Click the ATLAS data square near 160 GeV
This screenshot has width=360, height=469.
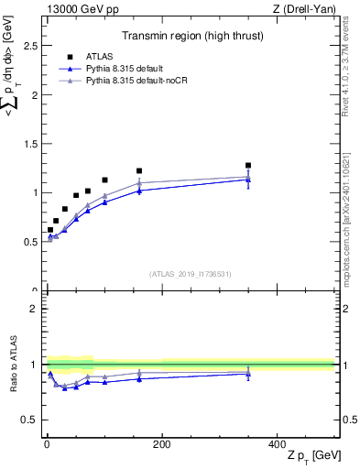point(139,171)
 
